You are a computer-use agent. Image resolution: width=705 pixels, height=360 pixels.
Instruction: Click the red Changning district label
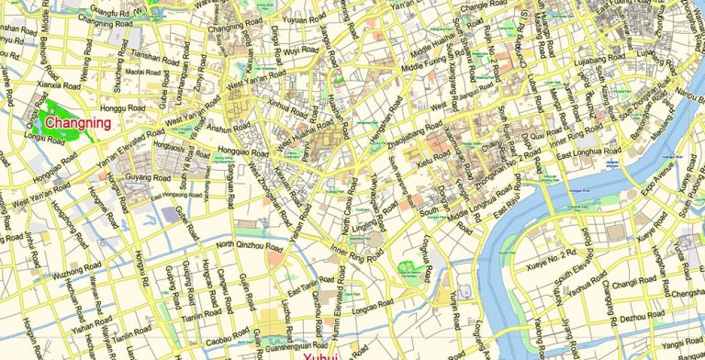[78, 123]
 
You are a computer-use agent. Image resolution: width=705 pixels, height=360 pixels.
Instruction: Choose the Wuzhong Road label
[73, 275]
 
